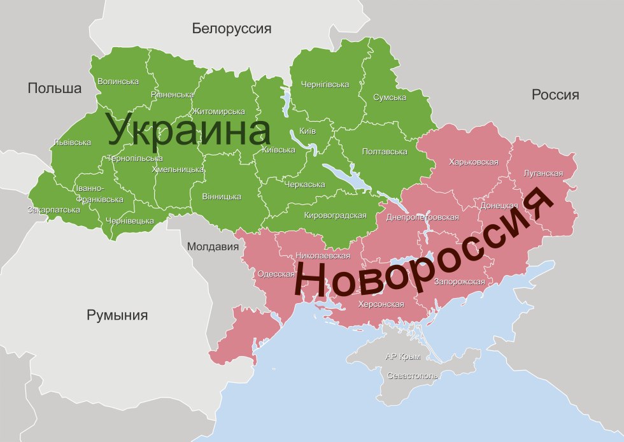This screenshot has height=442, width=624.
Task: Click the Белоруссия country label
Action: point(232,29)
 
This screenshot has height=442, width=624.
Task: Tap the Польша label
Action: point(55,89)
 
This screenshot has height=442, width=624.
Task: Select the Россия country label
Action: point(555,95)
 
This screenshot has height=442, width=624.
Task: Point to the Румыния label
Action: point(117,315)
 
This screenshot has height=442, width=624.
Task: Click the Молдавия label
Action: point(208,246)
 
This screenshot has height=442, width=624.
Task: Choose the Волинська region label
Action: point(118,82)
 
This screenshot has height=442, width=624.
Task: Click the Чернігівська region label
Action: point(325,85)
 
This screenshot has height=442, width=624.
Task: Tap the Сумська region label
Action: point(390,97)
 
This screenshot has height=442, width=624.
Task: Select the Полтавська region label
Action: point(384,152)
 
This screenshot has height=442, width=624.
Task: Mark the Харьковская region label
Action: point(473,162)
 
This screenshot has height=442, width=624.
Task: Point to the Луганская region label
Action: point(543,173)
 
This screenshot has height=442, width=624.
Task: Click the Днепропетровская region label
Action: point(422,217)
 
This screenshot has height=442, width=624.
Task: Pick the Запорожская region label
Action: point(459,282)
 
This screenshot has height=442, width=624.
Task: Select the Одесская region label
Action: point(276,274)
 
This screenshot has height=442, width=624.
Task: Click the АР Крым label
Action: point(403,357)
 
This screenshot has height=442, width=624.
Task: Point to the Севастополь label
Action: point(413,376)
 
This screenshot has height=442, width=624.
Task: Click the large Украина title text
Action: point(189,130)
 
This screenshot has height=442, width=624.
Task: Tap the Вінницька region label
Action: point(221,197)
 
